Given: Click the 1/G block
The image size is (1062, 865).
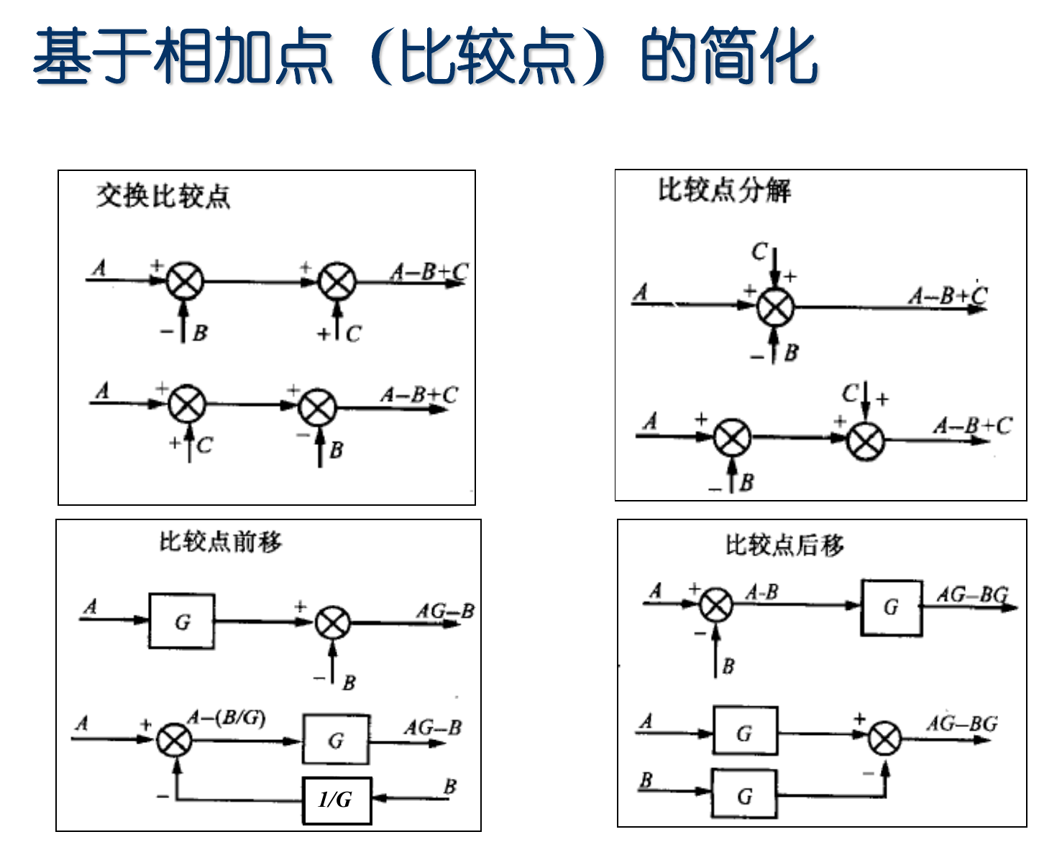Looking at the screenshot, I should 337,800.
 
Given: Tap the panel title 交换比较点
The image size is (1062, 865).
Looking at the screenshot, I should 163,195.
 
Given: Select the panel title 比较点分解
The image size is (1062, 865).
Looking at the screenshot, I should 724,190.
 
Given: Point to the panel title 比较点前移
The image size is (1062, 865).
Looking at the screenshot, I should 221,542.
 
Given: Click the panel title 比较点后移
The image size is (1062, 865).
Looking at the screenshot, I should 784,545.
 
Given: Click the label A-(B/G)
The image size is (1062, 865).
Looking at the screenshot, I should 226,718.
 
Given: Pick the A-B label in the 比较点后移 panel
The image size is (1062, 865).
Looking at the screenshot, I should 761,593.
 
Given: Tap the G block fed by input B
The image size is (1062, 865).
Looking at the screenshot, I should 744,795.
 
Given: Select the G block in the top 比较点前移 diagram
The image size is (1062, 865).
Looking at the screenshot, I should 182,621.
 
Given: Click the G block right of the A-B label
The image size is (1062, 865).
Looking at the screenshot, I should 892,608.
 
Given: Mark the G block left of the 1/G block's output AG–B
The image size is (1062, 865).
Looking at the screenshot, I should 336,740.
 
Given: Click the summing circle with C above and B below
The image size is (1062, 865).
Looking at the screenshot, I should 775,307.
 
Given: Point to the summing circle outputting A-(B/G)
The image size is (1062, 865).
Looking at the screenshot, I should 175,740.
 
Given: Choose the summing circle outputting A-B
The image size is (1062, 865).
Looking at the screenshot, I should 716,604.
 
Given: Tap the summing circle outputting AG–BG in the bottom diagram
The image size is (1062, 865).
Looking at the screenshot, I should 884,739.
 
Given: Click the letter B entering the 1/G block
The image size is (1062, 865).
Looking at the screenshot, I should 450,786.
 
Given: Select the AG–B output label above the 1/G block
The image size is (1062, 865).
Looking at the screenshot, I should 432,728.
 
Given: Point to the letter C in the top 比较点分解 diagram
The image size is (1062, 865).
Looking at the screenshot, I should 759,252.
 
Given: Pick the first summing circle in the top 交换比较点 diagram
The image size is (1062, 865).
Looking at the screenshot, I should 185,281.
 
